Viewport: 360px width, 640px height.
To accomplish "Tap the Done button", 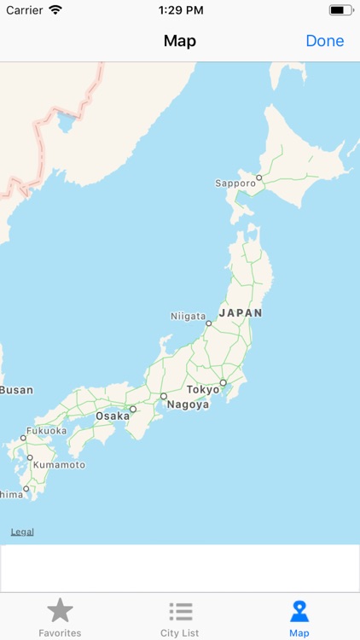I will click(324, 41).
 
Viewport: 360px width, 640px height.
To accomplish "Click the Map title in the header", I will click(180, 41).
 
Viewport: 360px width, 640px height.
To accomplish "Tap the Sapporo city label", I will click(235, 183).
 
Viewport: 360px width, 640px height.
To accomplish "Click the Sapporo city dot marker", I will click(258, 178).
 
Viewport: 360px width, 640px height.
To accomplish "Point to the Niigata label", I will click(188, 317).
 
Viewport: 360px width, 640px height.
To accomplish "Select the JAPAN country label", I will click(241, 313).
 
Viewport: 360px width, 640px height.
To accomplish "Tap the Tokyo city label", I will click(203, 389).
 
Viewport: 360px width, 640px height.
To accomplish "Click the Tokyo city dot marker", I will click(223, 383).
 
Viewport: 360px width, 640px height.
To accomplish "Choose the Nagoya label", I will click(188, 404).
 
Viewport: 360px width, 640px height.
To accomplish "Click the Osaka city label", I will click(113, 416).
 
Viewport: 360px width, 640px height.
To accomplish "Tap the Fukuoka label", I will click(46, 431).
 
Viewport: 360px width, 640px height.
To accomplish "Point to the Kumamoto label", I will click(60, 465).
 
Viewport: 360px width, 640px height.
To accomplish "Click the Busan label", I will click(16, 390).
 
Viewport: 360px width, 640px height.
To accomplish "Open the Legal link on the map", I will click(22, 532).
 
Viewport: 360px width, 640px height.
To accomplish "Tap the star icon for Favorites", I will click(60, 610).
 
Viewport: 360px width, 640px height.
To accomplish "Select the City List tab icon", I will click(180, 611).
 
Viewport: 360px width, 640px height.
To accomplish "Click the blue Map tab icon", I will click(299, 611).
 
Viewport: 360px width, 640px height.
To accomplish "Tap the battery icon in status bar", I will click(341, 10).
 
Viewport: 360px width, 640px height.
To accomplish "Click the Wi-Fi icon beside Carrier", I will click(55, 10).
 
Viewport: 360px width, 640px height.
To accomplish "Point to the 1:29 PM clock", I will click(181, 10).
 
